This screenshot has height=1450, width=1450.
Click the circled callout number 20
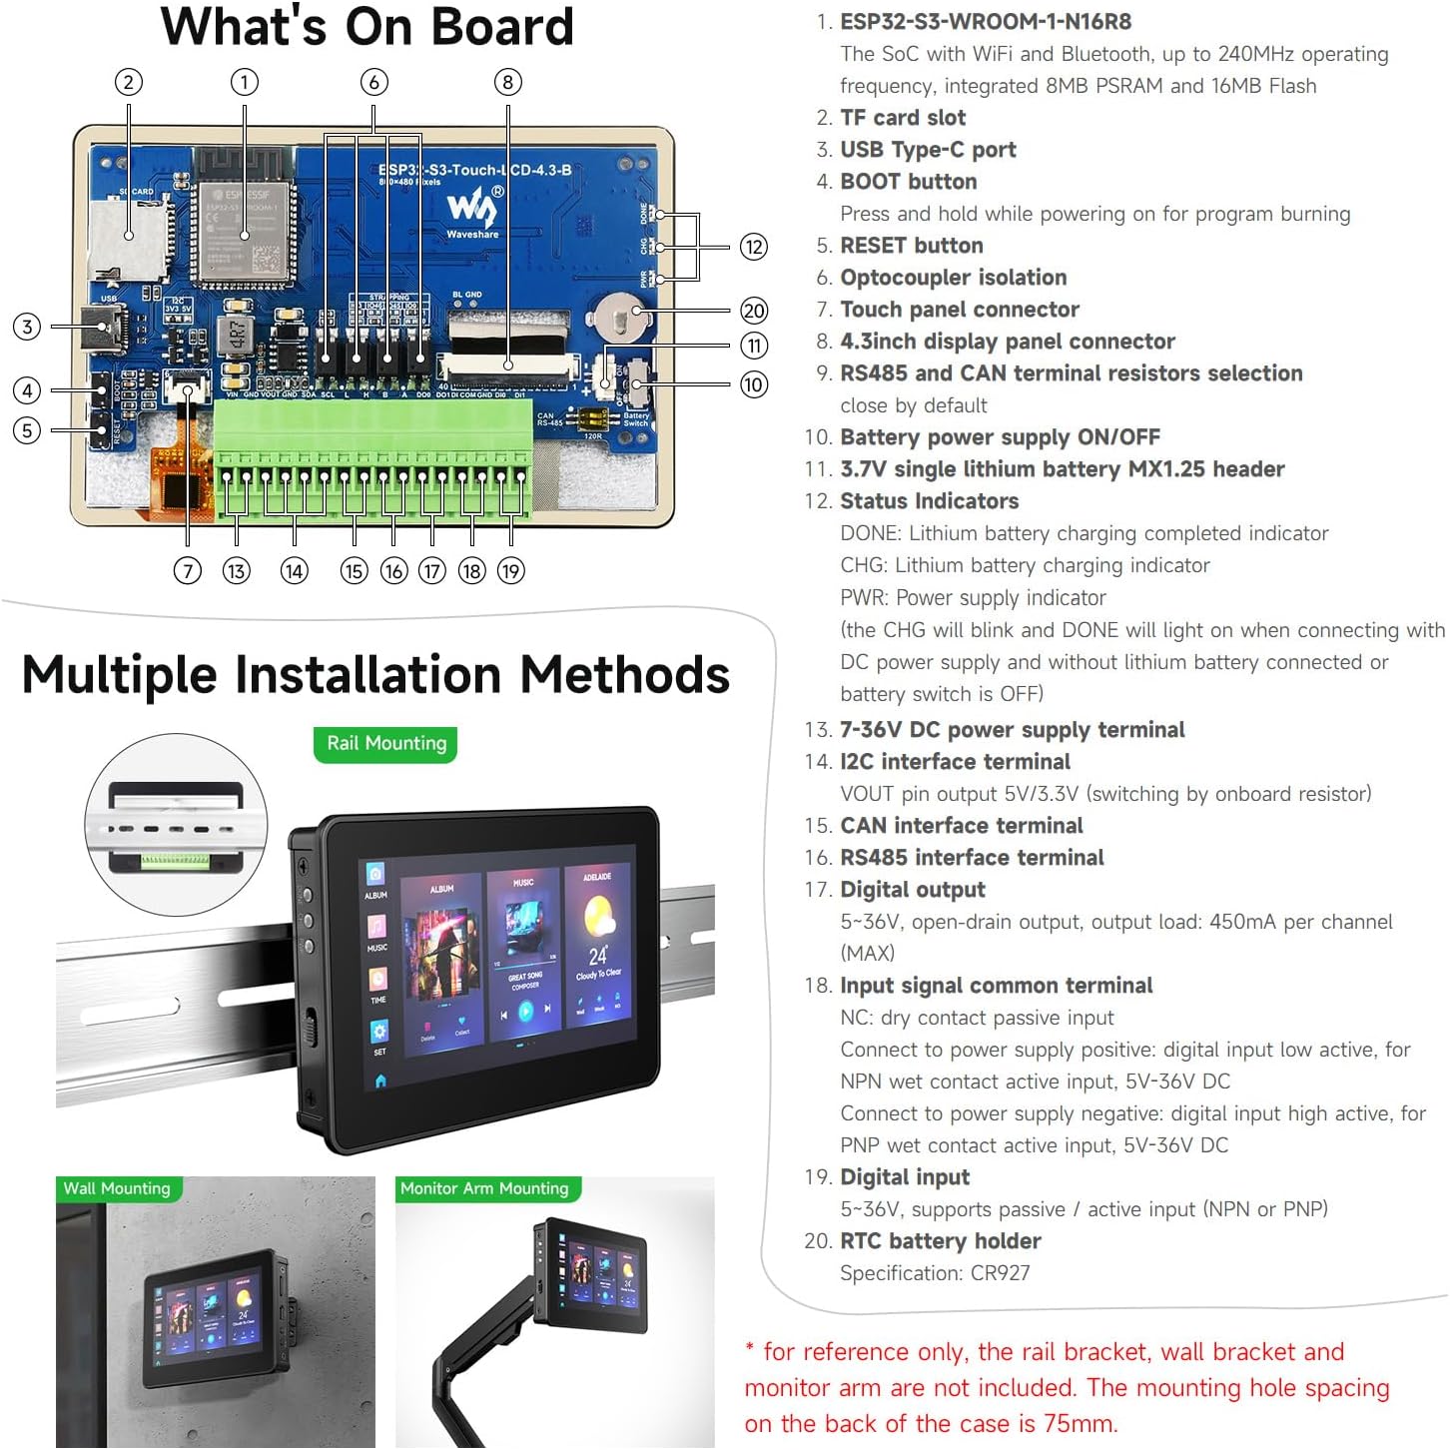[x=754, y=311]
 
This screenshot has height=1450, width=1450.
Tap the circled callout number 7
[x=187, y=571]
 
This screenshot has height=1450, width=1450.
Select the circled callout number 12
[x=754, y=247]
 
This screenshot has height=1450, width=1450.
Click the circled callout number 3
[x=27, y=327]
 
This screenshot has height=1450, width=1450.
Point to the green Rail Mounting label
[x=385, y=744]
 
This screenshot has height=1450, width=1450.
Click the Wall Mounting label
[x=117, y=1188]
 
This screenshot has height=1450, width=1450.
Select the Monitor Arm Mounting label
[x=484, y=1188]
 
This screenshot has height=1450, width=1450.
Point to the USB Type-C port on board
[x=108, y=326]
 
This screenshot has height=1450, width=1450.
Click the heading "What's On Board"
[x=366, y=27]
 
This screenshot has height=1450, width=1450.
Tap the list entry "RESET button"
[x=911, y=246]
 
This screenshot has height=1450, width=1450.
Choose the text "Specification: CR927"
[x=935, y=1273]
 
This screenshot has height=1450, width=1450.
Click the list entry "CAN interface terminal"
[x=961, y=826]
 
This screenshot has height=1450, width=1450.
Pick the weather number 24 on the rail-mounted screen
[x=597, y=956]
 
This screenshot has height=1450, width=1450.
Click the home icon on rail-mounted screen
[x=380, y=1081]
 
